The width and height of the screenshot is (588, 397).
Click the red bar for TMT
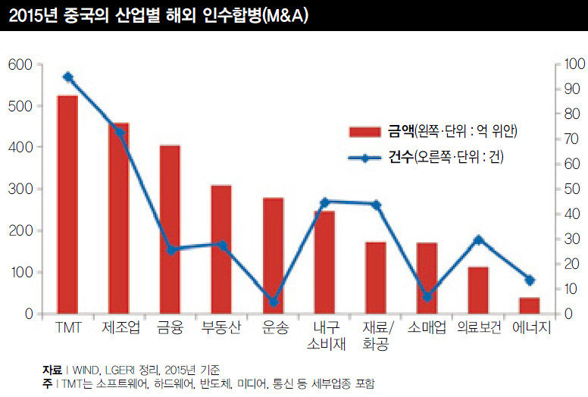pyautogui.click(x=67, y=205)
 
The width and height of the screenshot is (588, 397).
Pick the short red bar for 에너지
pyautogui.click(x=530, y=305)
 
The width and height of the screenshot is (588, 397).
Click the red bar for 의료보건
pyautogui.click(x=478, y=289)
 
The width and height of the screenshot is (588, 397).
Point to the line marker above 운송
pyautogui.click(x=274, y=302)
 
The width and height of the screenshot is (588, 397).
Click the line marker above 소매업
pyautogui.click(x=427, y=297)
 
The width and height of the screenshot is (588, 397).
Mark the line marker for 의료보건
pyautogui.click(x=478, y=239)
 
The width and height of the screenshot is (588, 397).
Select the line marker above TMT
pyautogui.click(x=68, y=77)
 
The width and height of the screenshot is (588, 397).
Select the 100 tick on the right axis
pyautogui.click(x=565, y=65)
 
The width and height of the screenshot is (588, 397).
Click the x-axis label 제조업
pyautogui.click(x=118, y=328)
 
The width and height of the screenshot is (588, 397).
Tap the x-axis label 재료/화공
pyautogui.click(x=376, y=336)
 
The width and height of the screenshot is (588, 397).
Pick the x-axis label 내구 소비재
pyautogui.click(x=324, y=336)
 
